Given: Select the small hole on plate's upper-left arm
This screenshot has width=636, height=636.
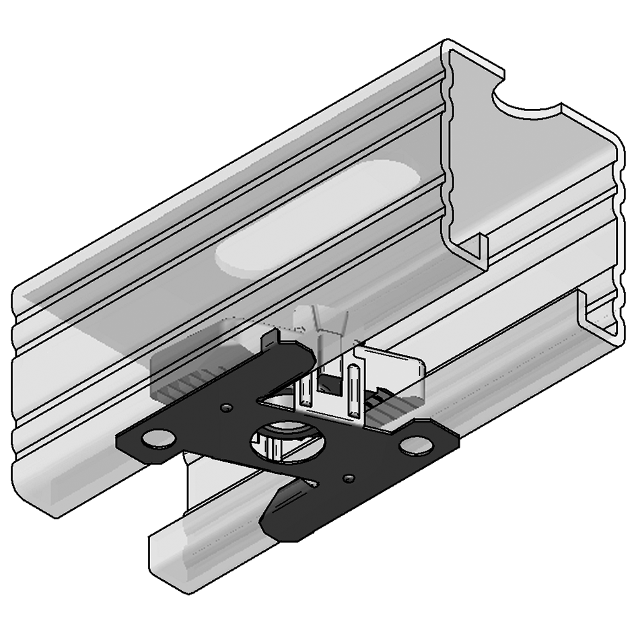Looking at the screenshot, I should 225,408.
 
